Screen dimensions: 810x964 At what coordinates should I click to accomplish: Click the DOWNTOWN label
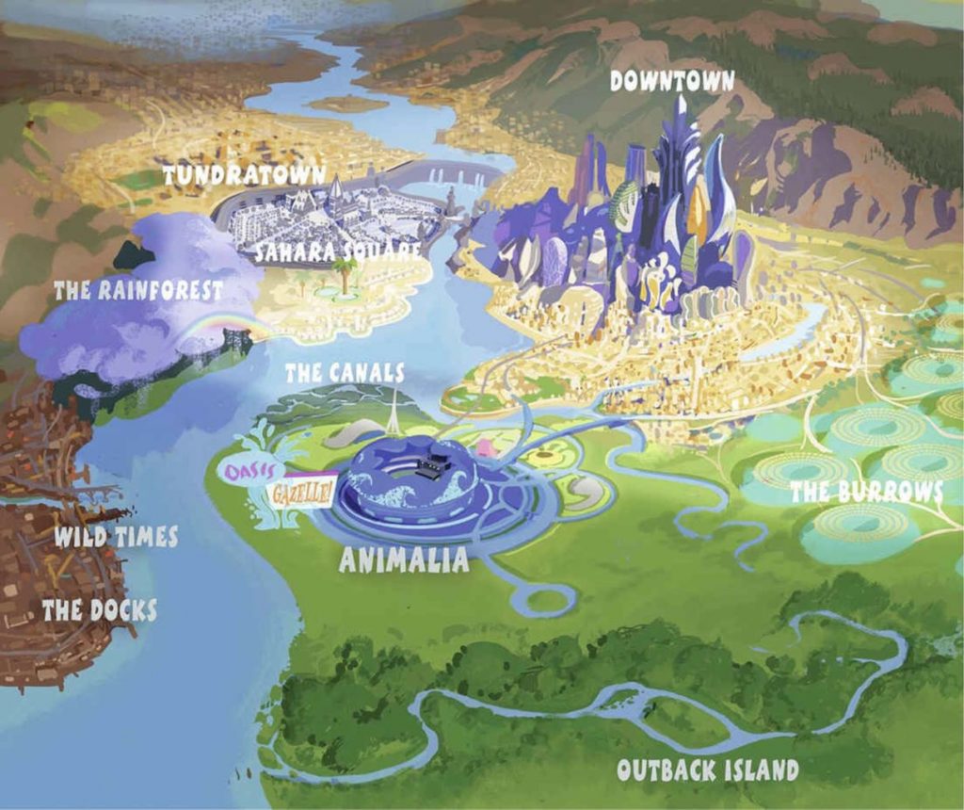click(x=671, y=81)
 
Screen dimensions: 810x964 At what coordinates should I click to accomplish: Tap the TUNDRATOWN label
click(x=244, y=175)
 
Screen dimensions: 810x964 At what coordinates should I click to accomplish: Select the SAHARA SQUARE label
click(x=337, y=251)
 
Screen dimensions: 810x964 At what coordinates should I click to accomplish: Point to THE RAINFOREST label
click(x=138, y=290)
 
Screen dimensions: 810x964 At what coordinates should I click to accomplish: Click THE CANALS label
click(x=345, y=374)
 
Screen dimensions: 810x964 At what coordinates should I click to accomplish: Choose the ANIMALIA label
click(x=403, y=561)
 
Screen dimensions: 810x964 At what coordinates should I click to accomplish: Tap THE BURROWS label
click(x=866, y=492)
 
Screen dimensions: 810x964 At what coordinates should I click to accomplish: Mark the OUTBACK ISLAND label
click(x=707, y=769)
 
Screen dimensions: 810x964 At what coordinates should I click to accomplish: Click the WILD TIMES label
click(x=115, y=538)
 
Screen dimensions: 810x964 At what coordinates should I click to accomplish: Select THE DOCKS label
click(x=99, y=610)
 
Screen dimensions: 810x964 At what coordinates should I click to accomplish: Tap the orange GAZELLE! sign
click(x=300, y=492)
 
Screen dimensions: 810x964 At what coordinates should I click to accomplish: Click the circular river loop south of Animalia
click(x=546, y=599)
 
